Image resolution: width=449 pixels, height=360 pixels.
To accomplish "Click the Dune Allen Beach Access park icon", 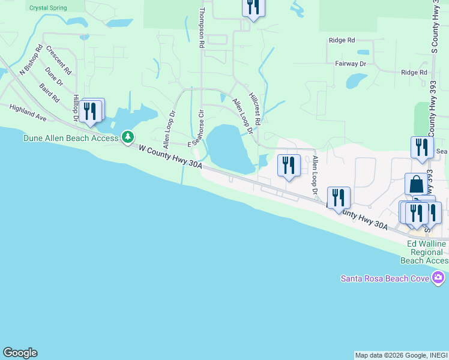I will point(127,138).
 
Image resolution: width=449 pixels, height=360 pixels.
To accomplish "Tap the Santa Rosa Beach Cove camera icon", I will point(438,278).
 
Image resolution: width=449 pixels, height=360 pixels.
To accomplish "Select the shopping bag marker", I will point(416,185).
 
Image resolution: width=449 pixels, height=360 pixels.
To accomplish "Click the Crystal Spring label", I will point(49,8).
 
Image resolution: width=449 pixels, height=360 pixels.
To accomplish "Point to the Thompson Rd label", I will point(202,28).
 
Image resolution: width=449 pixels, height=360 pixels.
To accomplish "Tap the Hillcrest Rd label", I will point(255,109).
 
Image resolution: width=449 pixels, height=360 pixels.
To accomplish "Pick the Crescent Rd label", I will point(58,60).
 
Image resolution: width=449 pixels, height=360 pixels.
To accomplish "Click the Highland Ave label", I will point(28,112).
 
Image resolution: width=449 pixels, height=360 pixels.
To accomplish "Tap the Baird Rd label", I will point(50,92).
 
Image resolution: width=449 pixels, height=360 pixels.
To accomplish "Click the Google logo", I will point(20,353).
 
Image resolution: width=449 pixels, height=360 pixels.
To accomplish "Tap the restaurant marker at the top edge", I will point(253,8).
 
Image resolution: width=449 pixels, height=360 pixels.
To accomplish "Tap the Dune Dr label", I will point(53,78).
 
